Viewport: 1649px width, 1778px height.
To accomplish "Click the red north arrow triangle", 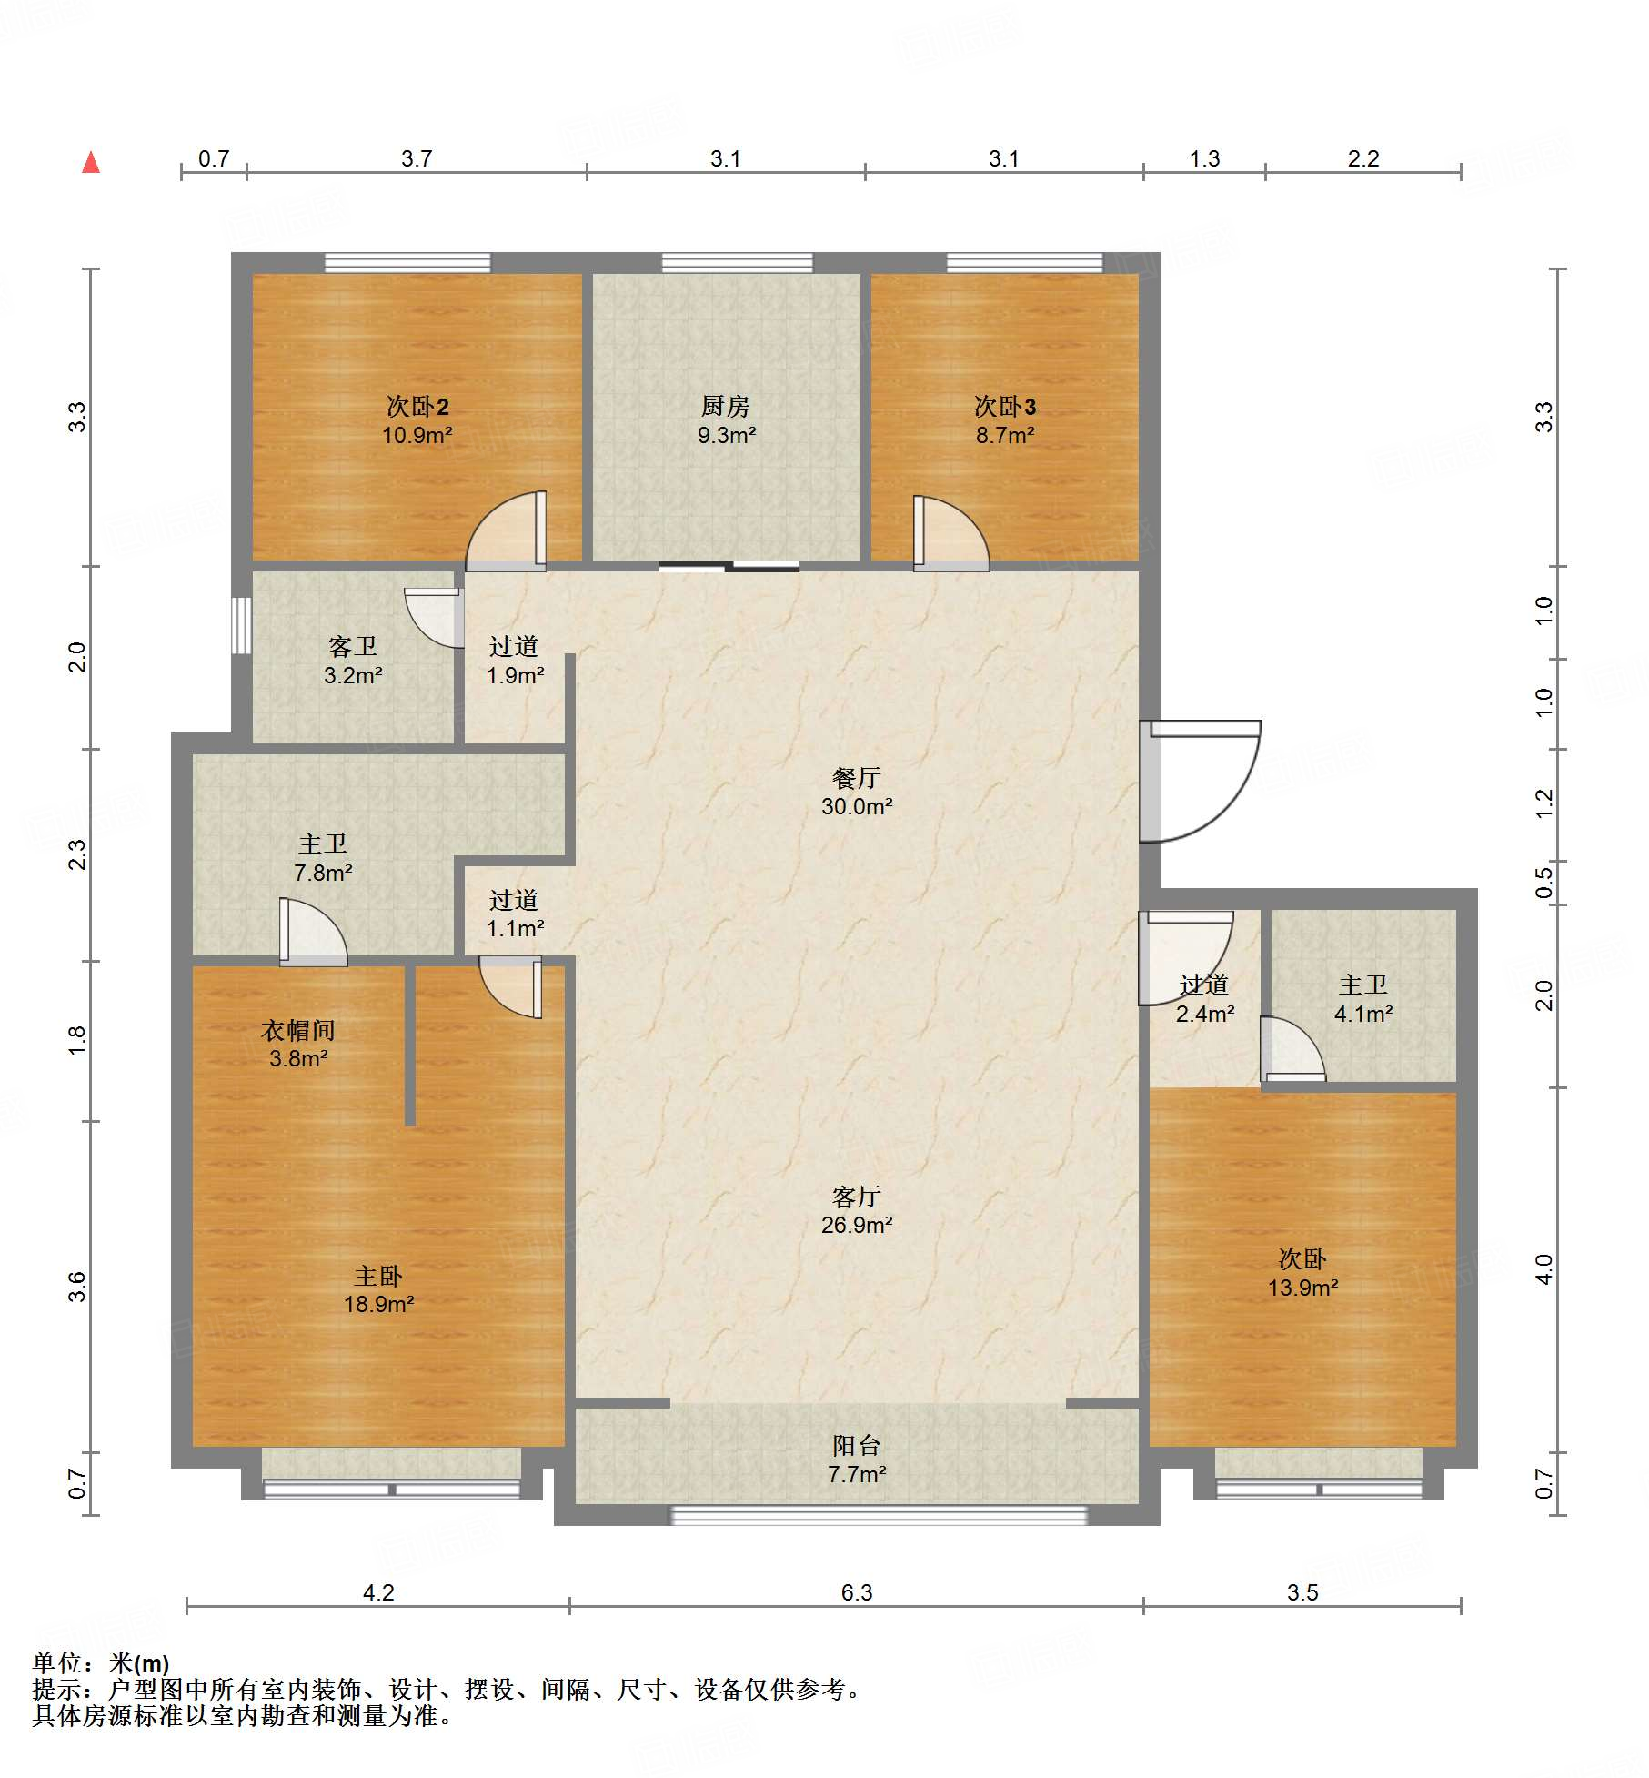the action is (x=91, y=162).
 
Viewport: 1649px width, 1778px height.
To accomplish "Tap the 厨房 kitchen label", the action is (x=726, y=406).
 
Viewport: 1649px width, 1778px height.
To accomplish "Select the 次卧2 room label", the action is (x=417, y=406).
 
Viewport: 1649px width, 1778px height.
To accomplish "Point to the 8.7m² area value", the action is (x=1005, y=435).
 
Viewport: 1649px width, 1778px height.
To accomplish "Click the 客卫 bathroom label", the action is (x=353, y=646).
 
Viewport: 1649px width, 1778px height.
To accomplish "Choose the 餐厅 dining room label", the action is (x=857, y=778).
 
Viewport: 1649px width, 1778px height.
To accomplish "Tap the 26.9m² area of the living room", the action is (x=857, y=1225).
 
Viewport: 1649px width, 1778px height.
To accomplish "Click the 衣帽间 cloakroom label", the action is (x=298, y=1030).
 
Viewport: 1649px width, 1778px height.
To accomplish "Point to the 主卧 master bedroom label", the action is (x=378, y=1276).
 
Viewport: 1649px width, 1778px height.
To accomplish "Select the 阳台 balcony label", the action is (x=857, y=1445).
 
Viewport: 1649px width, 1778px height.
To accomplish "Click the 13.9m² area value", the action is (x=1302, y=1288).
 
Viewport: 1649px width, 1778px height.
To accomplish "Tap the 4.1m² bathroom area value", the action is (x=1363, y=1014).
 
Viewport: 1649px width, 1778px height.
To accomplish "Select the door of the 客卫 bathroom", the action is (x=434, y=618).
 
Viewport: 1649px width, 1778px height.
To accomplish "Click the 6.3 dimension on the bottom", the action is (x=857, y=1592).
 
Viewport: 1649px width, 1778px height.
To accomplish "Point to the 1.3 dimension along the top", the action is (x=1204, y=158).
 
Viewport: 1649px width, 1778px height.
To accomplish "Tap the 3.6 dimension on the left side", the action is (x=77, y=1287).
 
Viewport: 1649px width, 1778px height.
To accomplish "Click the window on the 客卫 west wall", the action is (x=241, y=625).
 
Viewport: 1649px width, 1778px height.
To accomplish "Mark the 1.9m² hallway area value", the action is (x=515, y=675).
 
